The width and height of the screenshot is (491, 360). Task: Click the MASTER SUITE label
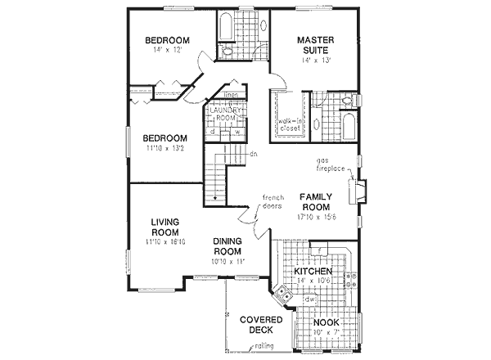point(316,44)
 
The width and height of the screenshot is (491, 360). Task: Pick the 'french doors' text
point(273,201)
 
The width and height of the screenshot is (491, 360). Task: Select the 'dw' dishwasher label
point(309,299)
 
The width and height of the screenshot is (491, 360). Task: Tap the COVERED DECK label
point(255,325)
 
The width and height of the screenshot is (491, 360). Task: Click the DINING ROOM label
point(230,246)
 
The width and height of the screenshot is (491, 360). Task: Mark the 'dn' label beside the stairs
point(254,154)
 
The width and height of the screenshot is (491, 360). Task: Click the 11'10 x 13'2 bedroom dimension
point(166,149)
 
